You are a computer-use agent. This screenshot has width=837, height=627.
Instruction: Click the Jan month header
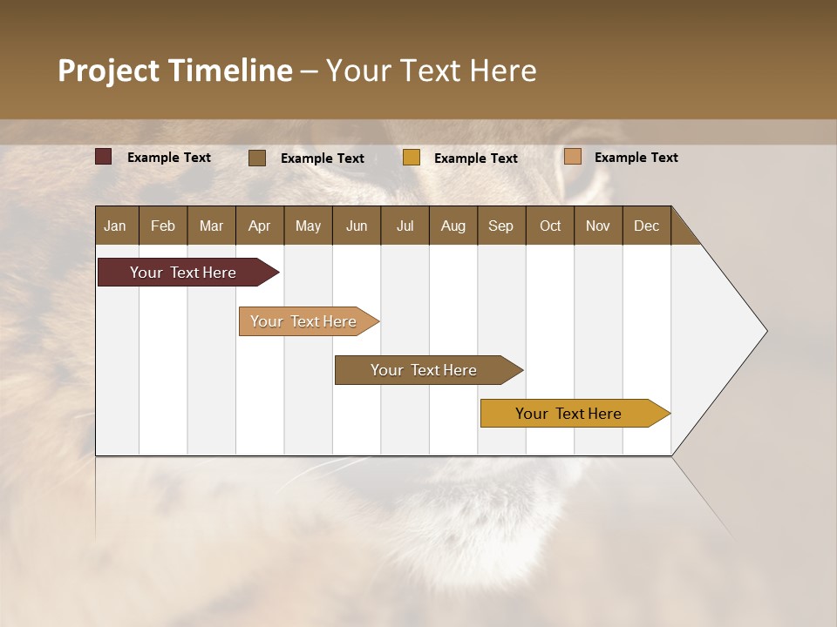coord(115,226)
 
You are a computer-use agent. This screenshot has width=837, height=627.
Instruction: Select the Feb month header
coord(163,226)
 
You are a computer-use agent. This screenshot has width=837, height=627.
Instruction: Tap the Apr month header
coord(259,226)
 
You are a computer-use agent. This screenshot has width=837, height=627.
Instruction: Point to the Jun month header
coord(357,226)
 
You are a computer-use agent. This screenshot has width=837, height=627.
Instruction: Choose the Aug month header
coord(453,226)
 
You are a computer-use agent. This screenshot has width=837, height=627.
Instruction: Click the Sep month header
coord(500,226)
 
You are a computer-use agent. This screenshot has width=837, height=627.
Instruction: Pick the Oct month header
coord(550,226)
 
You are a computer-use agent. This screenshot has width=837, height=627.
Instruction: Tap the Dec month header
coord(646,226)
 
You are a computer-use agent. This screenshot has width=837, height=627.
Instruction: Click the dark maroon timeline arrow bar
coord(183,273)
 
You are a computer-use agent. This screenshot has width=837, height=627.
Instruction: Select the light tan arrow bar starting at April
coord(303,321)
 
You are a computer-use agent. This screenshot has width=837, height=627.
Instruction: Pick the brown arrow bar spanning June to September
coord(424,370)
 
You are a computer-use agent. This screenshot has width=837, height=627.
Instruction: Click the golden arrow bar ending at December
coord(568,414)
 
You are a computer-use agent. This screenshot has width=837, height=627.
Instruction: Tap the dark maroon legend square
coord(104,157)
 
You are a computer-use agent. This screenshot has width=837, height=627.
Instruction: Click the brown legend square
coord(257,158)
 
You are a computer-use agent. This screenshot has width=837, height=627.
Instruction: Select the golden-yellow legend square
coord(412,158)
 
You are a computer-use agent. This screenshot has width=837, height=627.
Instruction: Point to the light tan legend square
coord(572,157)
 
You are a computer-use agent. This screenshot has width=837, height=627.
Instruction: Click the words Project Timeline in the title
coord(174,71)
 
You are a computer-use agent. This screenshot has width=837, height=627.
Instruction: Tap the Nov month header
coord(598,226)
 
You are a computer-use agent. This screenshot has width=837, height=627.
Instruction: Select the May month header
coord(308,226)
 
